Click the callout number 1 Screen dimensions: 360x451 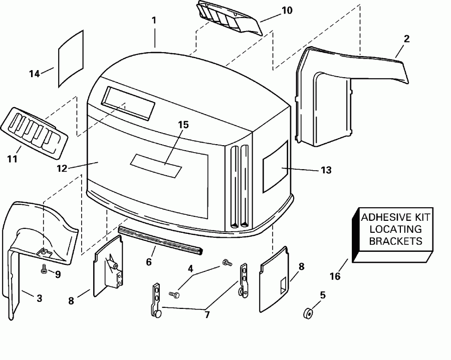coord(154,21)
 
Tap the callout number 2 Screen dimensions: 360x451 coord(406,39)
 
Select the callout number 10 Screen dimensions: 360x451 coord(286,10)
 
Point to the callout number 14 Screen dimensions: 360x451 coord(34,74)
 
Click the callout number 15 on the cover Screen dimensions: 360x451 coord(184,125)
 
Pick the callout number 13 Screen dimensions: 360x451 coord(326,170)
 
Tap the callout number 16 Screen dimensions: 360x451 coord(335,276)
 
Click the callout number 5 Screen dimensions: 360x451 coord(323,295)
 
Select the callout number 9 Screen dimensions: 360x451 coord(58,274)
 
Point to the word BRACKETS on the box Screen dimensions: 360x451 coord(396,241)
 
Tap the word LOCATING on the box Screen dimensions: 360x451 coord(396,229)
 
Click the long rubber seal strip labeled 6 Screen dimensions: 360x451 coord(160,239)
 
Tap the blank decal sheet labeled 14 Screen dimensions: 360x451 coord(71,57)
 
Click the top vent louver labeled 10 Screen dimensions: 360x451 coord(229,17)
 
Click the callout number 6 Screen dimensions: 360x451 coord(148,261)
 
